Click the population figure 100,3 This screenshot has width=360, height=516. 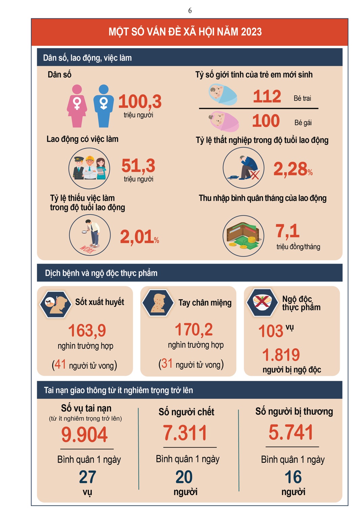(x=140, y=101)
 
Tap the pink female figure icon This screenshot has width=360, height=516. (x=77, y=106)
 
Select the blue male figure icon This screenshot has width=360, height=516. (x=104, y=106)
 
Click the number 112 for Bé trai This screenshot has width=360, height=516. (x=267, y=97)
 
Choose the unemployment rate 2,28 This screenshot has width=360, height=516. (x=290, y=169)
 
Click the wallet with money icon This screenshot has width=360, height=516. (x=243, y=236)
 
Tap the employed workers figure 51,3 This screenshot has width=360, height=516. (x=138, y=166)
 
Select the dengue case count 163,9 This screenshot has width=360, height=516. (x=87, y=330)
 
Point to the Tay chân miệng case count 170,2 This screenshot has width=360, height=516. (x=194, y=329)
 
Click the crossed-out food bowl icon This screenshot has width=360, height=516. (x=262, y=302)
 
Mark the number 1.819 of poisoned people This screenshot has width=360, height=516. (x=281, y=355)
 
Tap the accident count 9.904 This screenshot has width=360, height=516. (x=84, y=435)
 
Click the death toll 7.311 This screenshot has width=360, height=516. (x=185, y=433)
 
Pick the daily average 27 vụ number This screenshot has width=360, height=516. (x=87, y=477)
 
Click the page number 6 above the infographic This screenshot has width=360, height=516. (x=190, y=11)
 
